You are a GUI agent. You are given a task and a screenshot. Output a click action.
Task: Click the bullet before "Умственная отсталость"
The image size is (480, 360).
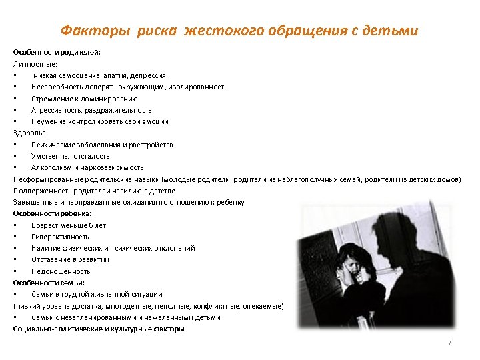(15, 156)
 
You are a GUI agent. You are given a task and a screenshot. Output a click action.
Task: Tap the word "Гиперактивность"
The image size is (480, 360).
(60, 237)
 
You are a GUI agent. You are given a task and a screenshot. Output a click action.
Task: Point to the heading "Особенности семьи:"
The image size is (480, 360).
(49, 283)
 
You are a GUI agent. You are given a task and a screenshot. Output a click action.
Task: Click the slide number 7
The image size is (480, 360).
(449, 343)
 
